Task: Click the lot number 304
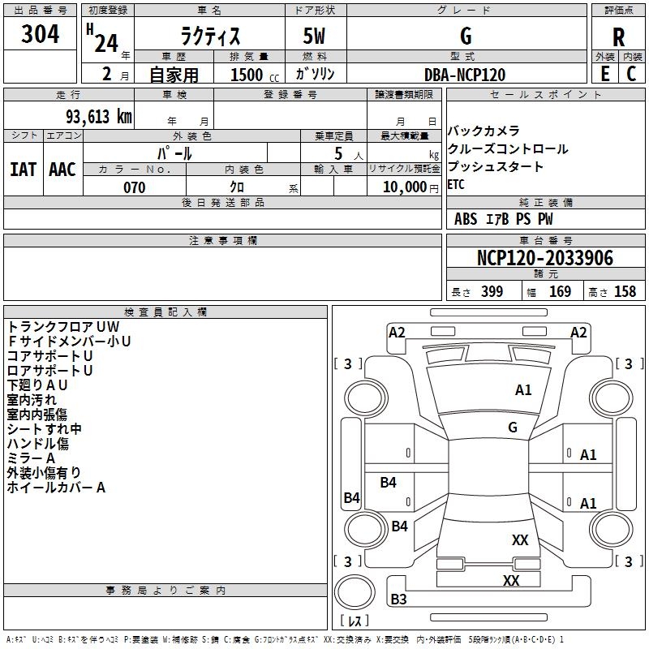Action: click(40, 34)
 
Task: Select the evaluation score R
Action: click(619, 37)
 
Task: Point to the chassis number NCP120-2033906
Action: click(544, 258)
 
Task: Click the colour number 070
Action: click(134, 187)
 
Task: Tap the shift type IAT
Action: click(23, 169)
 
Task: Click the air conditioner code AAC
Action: click(62, 169)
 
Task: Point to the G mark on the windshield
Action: click(513, 427)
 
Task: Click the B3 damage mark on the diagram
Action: click(398, 600)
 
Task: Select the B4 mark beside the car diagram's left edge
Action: click(351, 498)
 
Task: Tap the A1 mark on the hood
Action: click(523, 390)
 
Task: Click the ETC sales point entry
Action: click(457, 184)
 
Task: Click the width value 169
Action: click(561, 291)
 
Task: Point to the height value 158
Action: click(625, 291)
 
